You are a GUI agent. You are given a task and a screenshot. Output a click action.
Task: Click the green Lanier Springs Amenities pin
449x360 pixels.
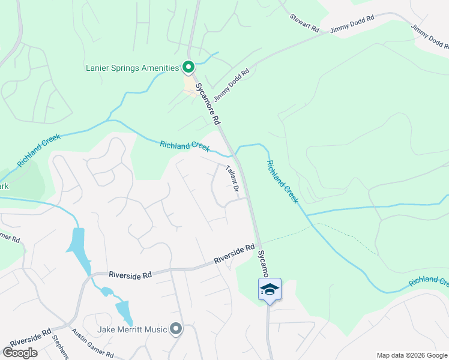click(x=188, y=67)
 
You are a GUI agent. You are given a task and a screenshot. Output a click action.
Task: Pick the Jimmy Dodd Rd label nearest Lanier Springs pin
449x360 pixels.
click(x=231, y=86)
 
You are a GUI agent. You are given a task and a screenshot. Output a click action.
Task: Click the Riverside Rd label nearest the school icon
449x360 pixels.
click(x=235, y=254)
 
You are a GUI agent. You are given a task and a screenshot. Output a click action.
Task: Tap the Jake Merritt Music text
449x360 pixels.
click(x=131, y=329)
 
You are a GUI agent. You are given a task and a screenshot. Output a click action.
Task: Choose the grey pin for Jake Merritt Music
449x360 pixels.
click(x=175, y=328)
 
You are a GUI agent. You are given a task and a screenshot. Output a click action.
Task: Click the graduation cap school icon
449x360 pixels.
click(x=270, y=290)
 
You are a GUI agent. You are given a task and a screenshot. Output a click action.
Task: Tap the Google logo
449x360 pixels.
click(x=20, y=353)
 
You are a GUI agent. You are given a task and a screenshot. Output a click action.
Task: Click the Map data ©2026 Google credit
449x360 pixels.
click(x=411, y=355)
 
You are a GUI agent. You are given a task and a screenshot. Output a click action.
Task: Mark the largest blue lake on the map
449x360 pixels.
click(x=79, y=248)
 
